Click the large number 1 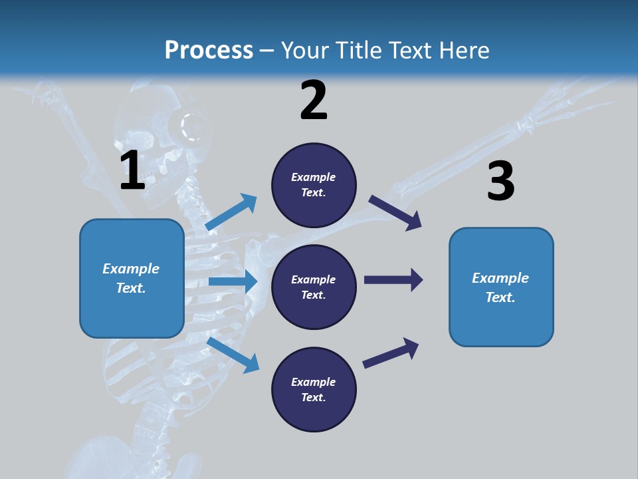(132, 170)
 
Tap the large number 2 (314, 101)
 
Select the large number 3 (500, 181)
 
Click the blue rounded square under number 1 (132, 278)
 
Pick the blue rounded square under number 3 (501, 287)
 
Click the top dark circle (314, 185)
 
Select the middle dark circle (314, 287)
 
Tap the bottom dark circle (314, 390)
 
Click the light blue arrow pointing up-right (231, 212)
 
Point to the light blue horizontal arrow (233, 281)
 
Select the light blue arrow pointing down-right (233, 354)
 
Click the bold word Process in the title (209, 50)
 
